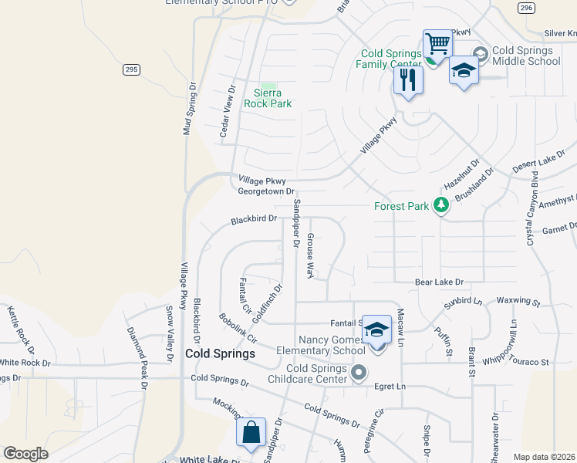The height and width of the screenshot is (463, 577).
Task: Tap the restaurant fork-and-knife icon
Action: point(408,79)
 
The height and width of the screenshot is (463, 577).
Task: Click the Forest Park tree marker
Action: point(441,205)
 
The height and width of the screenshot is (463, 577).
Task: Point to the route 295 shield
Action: point(130,69)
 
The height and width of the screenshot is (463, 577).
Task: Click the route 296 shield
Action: point(525,8)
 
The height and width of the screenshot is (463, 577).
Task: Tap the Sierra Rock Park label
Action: point(268,98)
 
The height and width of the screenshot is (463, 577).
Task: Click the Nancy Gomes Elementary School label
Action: point(332,345)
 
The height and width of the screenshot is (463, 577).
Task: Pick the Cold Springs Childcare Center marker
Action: point(359,374)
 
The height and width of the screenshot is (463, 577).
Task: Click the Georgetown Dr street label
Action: point(266,191)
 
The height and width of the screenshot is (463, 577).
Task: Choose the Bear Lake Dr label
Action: point(439,283)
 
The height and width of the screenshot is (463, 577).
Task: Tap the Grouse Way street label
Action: point(311,255)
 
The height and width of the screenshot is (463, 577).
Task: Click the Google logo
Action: point(25,453)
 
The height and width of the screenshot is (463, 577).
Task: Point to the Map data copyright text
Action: point(543,457)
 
